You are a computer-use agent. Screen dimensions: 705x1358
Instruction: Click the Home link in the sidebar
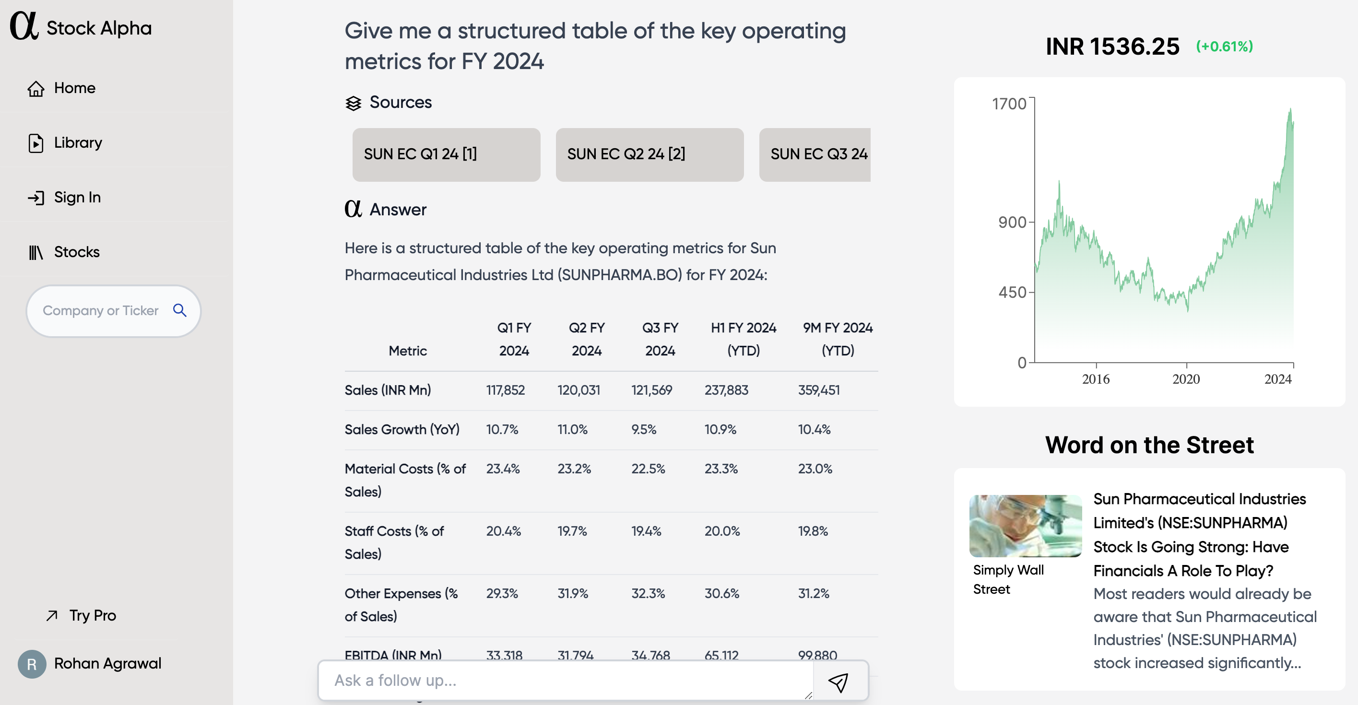point(74,88)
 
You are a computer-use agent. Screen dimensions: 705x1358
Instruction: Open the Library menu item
point(78,143)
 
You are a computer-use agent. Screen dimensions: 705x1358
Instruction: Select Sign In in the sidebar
point(77,198)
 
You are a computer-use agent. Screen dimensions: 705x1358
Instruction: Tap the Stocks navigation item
point(76,252)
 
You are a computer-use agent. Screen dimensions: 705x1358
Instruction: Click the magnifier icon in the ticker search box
point(180,310)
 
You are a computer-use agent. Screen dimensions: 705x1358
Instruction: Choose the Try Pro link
point(92,615)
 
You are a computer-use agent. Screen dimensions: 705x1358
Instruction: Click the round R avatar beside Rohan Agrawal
point(32,664)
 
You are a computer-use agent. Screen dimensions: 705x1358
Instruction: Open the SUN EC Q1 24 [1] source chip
point(446,154)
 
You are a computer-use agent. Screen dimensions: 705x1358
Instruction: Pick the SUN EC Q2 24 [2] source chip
point(649,154)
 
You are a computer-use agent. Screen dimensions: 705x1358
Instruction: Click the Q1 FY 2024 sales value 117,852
point(505,390)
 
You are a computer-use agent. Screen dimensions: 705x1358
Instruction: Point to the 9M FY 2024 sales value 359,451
point(819,390)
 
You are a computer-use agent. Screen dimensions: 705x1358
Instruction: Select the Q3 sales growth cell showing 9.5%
point(644,429)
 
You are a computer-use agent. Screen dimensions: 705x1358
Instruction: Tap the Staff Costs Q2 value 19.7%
point(572,531)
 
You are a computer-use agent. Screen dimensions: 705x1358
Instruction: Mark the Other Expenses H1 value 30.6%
point(722,593)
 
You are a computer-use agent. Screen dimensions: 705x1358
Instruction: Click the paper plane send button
point(838,682)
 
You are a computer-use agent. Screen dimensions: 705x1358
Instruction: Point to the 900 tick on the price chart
point(1013,223)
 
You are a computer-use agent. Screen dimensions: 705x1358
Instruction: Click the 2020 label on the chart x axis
point(1186,379)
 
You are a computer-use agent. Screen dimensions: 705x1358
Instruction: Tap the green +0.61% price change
point(1224,47)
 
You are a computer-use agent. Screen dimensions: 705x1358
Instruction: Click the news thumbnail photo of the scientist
point(1026,526)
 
